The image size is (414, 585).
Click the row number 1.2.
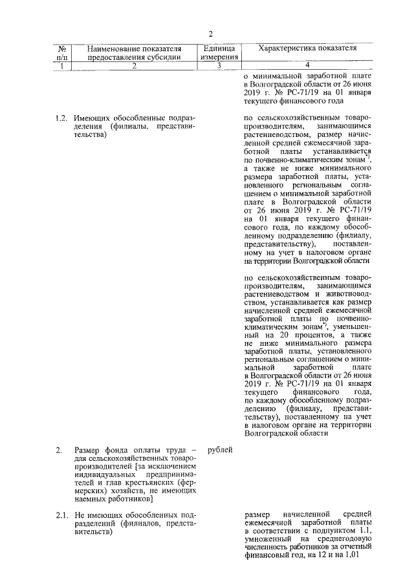click(62, 118)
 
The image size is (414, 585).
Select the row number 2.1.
click(62, 515)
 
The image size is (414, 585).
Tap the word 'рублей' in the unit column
click(221, 449)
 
